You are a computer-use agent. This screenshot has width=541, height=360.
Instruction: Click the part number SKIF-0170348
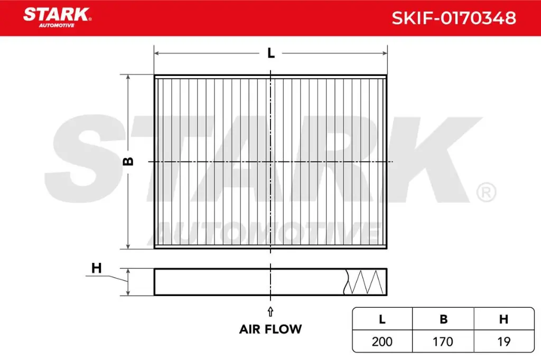[453, 18]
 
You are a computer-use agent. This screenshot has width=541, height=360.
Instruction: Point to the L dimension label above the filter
[270, 53]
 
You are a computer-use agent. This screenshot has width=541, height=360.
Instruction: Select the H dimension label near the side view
[96, 268]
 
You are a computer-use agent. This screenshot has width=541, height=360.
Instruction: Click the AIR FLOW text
[270, 329]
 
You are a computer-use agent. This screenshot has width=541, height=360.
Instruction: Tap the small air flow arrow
[270, 310]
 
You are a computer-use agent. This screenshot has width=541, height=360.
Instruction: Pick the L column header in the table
[382, 319]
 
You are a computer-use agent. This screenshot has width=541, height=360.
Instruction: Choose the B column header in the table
[443, 319]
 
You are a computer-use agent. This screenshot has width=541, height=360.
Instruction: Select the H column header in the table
[504, 319]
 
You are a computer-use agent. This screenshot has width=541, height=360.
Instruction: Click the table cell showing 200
[382, 342]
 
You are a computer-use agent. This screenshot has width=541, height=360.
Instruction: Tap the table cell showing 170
[443, 342]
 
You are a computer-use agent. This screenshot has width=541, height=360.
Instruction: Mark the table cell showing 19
[504, 342]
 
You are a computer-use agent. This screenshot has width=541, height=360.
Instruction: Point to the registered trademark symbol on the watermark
[486, 193]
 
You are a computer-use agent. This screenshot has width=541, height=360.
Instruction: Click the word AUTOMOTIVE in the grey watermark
[269, 231]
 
